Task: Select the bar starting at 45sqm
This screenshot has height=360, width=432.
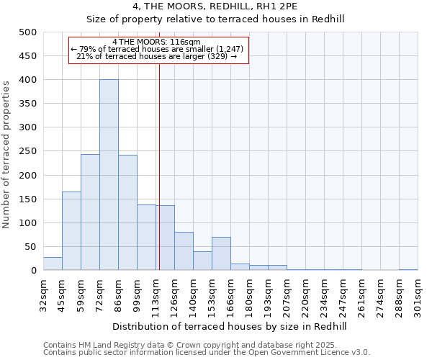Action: [x=71, y=231]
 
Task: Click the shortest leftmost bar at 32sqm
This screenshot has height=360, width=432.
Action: [x=53, y=264]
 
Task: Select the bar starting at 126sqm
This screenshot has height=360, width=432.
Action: [x=184, y=251]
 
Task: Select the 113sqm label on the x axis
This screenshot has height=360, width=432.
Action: [x=156, y=294]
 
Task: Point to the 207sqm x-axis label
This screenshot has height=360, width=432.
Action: [x=287, y=294]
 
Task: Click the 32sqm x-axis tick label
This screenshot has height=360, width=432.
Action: [x=43, y=294]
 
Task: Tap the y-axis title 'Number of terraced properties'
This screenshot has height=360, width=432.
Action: [x=7, y=154]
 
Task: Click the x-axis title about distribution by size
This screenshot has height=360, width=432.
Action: [x=230, y=326]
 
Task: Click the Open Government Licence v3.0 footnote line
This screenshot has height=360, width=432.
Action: [x=207, y=353]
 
